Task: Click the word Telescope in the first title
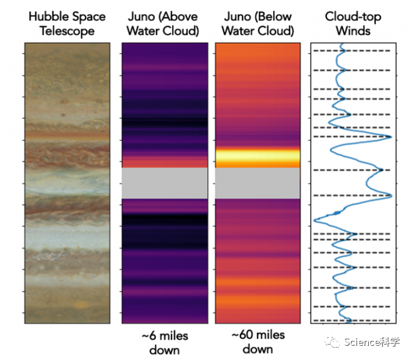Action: point(67,30)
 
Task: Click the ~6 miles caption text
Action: point(165,336)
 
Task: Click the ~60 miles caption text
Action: point(258,336)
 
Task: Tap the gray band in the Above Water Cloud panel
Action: point(165,183)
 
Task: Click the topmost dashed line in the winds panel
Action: point(351,51)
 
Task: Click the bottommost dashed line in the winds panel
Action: point(351,320)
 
